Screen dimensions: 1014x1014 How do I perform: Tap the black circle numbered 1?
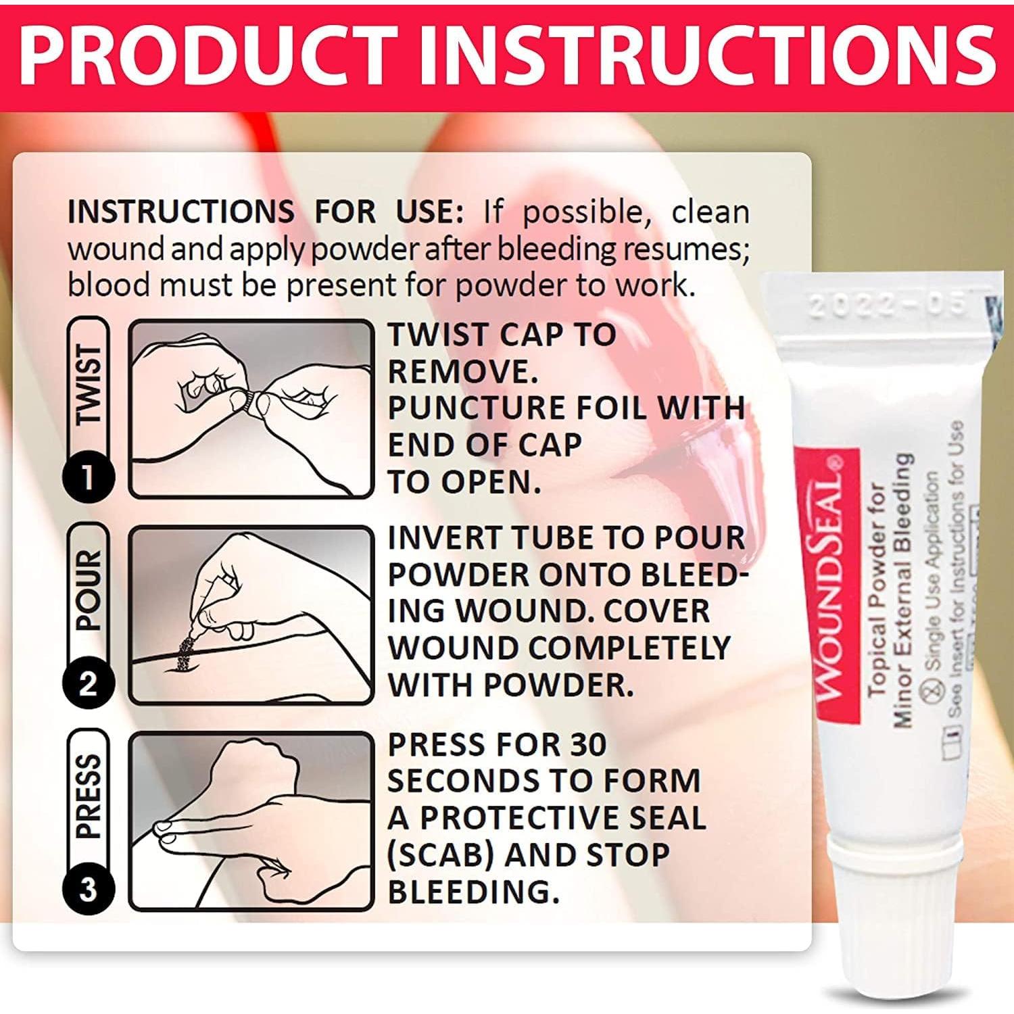tap(88, 477)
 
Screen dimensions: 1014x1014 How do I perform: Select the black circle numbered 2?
tap(88, 683)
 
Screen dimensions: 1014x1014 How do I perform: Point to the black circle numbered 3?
tap(88, 888)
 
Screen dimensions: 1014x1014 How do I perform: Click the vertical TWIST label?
tap(89, 385)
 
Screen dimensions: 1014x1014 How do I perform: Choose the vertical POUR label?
tap(89, 591)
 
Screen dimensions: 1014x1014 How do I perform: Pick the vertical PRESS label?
tap(89, 798)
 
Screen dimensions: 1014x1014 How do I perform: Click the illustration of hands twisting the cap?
tap(251, 408)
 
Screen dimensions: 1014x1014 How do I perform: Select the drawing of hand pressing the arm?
tap(251, 821)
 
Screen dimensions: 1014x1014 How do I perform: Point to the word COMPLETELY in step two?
tap(622, 648)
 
